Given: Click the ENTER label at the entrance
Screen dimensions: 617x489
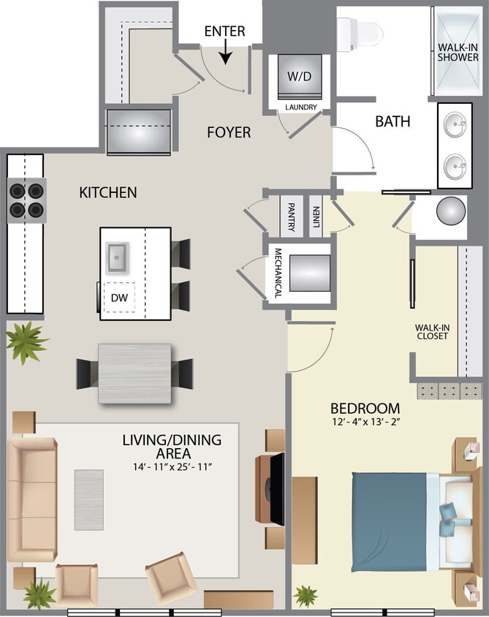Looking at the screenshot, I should (224, 31).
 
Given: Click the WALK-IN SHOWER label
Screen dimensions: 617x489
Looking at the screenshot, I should (458, 52).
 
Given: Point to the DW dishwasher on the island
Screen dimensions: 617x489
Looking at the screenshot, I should (118, 298).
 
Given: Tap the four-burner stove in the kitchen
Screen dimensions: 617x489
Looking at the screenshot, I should (26, 200).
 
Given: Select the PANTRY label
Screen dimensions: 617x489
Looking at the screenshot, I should (291, 216).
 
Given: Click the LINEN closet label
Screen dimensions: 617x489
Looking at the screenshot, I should (316, 216).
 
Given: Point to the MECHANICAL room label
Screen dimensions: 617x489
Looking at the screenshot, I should (278, 273).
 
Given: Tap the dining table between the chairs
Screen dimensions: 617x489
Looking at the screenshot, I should (134, 373).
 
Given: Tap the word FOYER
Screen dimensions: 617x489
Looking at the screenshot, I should (229, 132).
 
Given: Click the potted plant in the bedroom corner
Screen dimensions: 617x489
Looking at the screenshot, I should (306, 595).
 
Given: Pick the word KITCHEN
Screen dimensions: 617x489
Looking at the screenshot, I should (107, 193).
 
